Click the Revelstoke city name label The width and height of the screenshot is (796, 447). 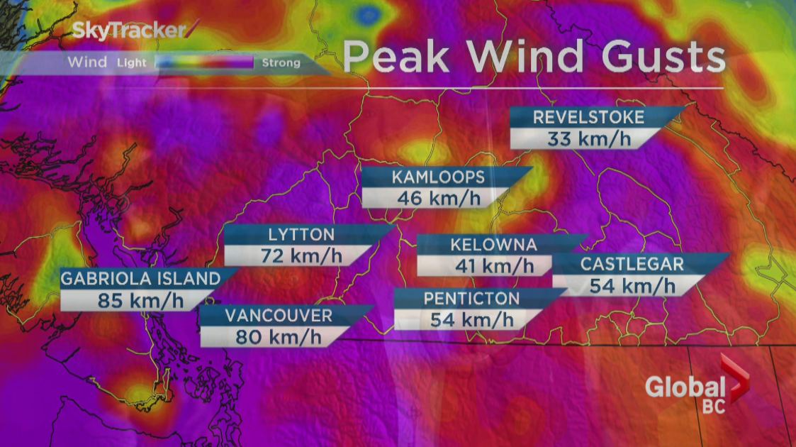[x=588, y=117]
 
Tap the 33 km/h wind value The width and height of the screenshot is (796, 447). [x=588, y=138]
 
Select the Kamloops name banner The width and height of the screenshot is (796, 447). [x=438, y=177]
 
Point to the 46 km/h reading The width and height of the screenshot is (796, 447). [x=438, y=197]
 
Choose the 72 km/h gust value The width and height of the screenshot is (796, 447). [x=301, y=255]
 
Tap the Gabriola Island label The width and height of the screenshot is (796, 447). [x=140, y=278]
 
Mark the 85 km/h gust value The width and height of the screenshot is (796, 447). [x=140, y=299]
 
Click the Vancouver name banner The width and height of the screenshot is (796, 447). [x=278, y=315]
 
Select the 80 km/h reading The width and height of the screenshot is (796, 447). [x=278, y=336]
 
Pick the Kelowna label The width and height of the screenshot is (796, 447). [x=493, y=245]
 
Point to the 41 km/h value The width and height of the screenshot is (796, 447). [x=493, y=266]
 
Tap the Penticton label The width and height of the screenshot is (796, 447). [x=471, y=298]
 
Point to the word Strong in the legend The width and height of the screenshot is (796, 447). [x=281, y=62]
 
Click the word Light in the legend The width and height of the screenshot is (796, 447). [x=132, y=62]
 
